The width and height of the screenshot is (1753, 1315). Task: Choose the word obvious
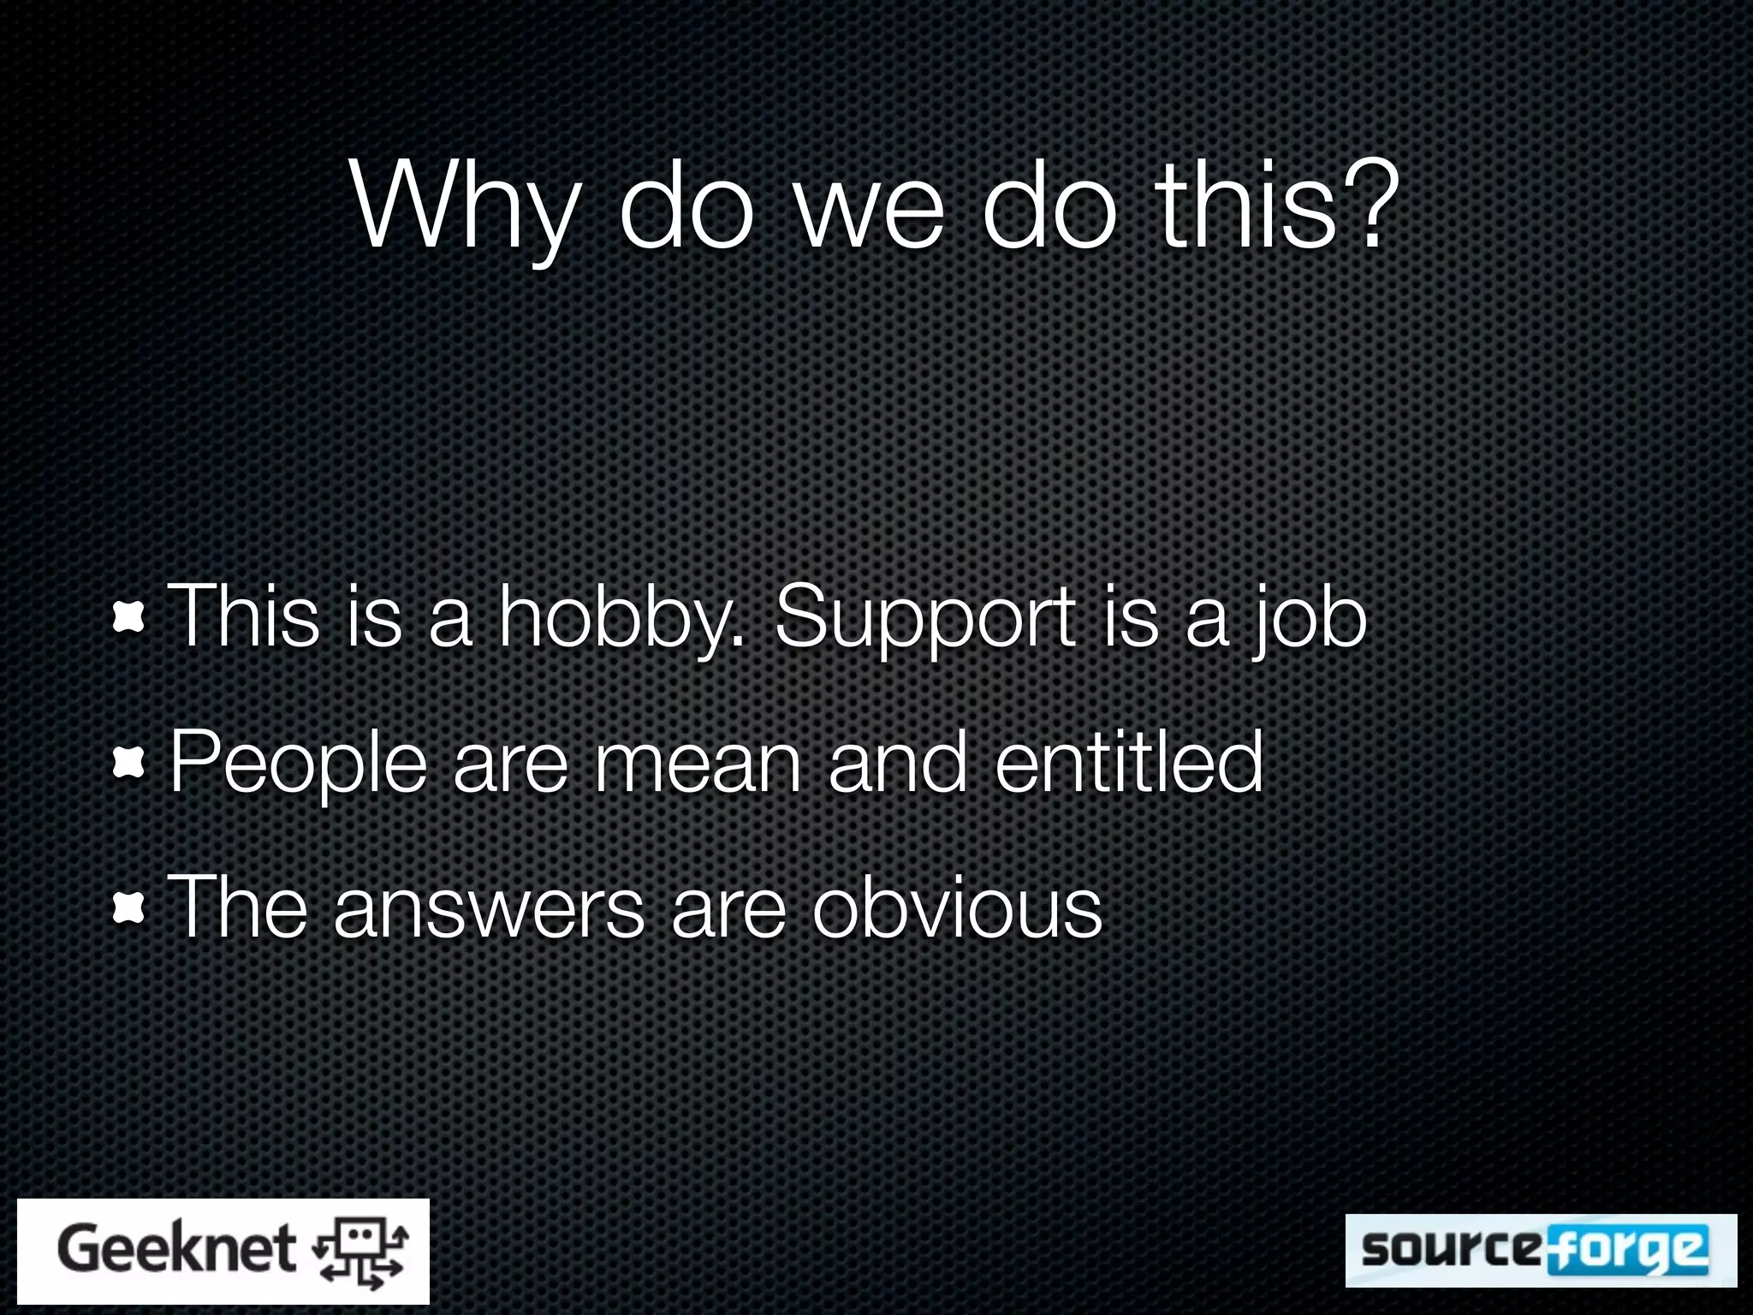point(956,907)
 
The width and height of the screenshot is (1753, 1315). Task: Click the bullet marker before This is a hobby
point(128,618)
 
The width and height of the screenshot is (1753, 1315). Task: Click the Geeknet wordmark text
point(176,1250)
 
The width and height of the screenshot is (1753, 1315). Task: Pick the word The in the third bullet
point(236,907)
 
